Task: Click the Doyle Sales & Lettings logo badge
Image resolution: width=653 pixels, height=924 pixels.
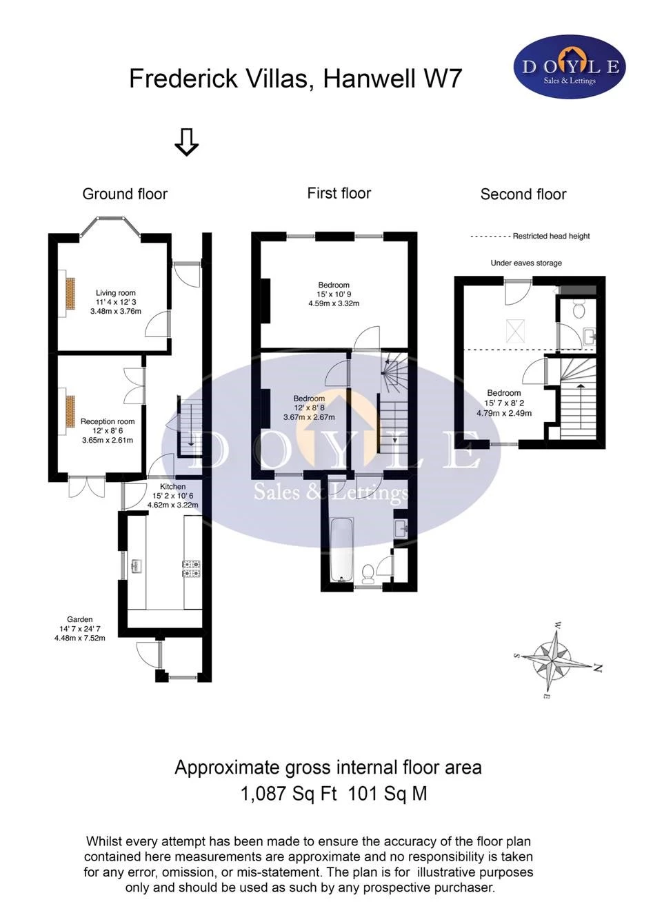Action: [x=570, y=67]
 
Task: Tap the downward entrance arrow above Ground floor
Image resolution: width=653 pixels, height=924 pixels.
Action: [x=186, y=141]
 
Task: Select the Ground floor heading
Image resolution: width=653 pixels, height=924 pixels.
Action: [x=125, y=194]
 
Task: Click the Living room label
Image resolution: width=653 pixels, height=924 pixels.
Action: [x=115, y=293]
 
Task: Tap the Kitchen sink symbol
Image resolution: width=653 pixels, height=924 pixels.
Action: [x=137, y=566]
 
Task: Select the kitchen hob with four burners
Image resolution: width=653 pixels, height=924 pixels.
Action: [x=192, y=568]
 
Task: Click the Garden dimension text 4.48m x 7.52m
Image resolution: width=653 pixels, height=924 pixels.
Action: [x=80, y=639]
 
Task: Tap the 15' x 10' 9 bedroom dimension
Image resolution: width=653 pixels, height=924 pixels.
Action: [x=334, y=294]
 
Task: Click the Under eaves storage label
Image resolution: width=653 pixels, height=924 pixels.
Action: [x=526, y=263]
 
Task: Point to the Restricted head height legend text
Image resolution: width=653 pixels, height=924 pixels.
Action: [x=551, y=237]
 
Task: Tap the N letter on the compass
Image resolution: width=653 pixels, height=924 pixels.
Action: [x=598, y=667]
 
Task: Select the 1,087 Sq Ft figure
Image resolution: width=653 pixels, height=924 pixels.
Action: [x=288, y=794]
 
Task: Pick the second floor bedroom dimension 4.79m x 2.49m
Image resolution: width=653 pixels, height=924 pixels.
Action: [x=504, y=414]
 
